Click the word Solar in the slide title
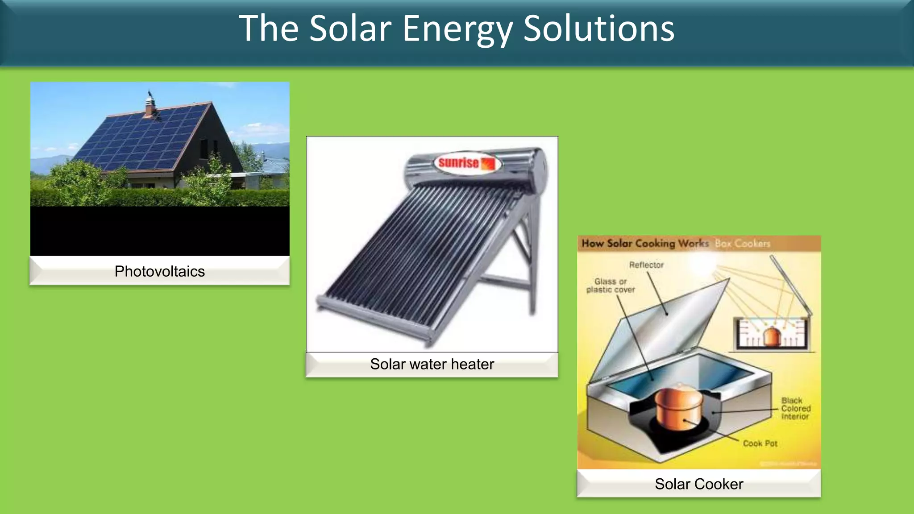(x=350, y=29)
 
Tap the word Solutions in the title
(x=598, y=29)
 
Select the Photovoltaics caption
(x=159, y=271)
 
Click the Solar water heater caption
(x=432, y=364)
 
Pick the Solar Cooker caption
(x=699, y=484)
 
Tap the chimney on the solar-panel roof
(x=150, y=107)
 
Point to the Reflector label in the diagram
(x=646, y=265)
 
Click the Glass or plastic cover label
(x=611, y=286)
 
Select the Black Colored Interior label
(x=795, y=408)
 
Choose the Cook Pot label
(x=760, y=444)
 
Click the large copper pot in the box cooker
(x=678, y=407)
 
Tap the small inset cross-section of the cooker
(x=772, y=333)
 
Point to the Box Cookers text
(x=743, y=244)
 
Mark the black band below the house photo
(x=160, y=231)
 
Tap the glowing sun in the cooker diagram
(x=701, y=265)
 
